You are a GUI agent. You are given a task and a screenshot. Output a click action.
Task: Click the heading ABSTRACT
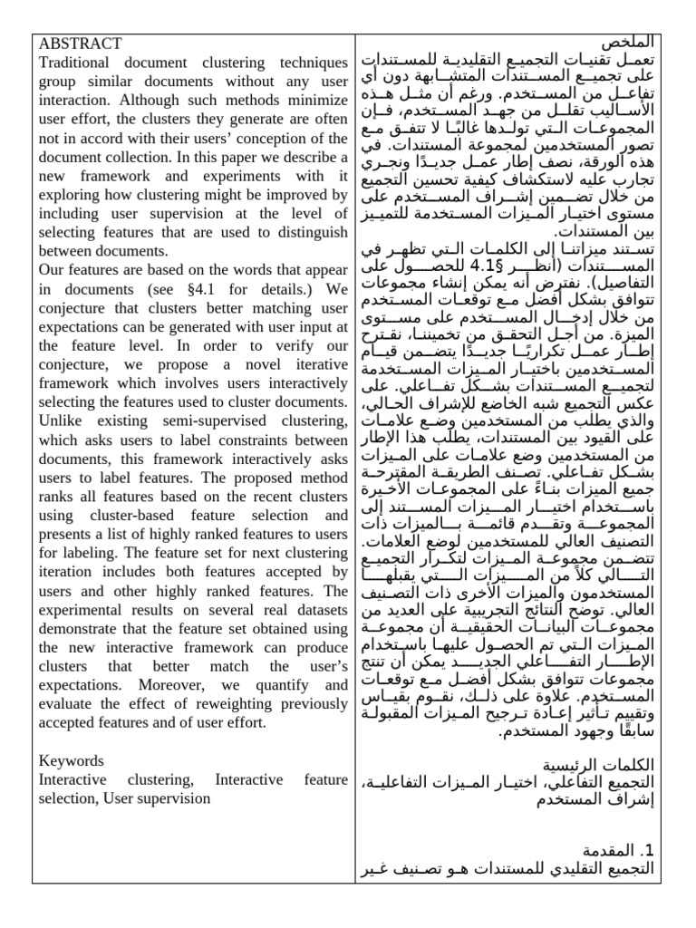pos(80,43)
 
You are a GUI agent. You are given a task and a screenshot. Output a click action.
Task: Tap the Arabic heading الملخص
pos(626,43)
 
